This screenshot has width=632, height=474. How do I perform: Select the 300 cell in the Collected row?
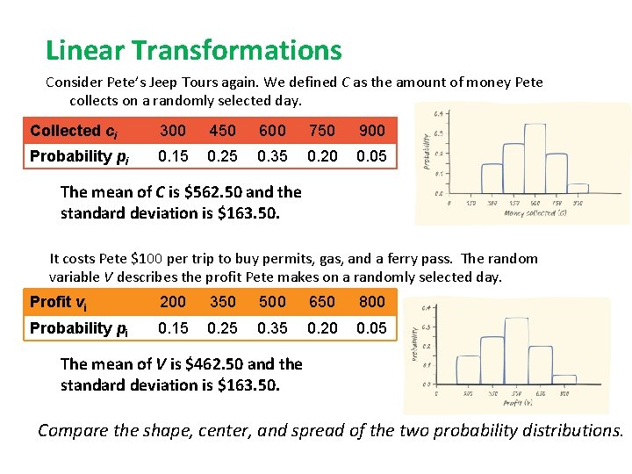click(172, 130)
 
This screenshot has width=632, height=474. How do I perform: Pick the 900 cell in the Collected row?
click(372, 130)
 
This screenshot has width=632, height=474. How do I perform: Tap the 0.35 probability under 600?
click(272, 156)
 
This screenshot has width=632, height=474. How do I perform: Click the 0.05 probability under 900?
click(372, 156)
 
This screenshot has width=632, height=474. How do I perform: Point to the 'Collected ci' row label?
click(74, 131)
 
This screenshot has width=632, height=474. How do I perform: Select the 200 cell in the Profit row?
click(172, 301)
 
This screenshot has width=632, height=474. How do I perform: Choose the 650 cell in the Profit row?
click(322, 301)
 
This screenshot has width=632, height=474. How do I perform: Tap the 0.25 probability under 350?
click(222, 327)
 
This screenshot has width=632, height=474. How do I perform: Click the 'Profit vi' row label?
click(58, 302)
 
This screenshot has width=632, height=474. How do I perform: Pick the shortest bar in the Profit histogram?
click(564, 379)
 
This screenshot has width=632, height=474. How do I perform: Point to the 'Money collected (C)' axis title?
click(536, 212)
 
